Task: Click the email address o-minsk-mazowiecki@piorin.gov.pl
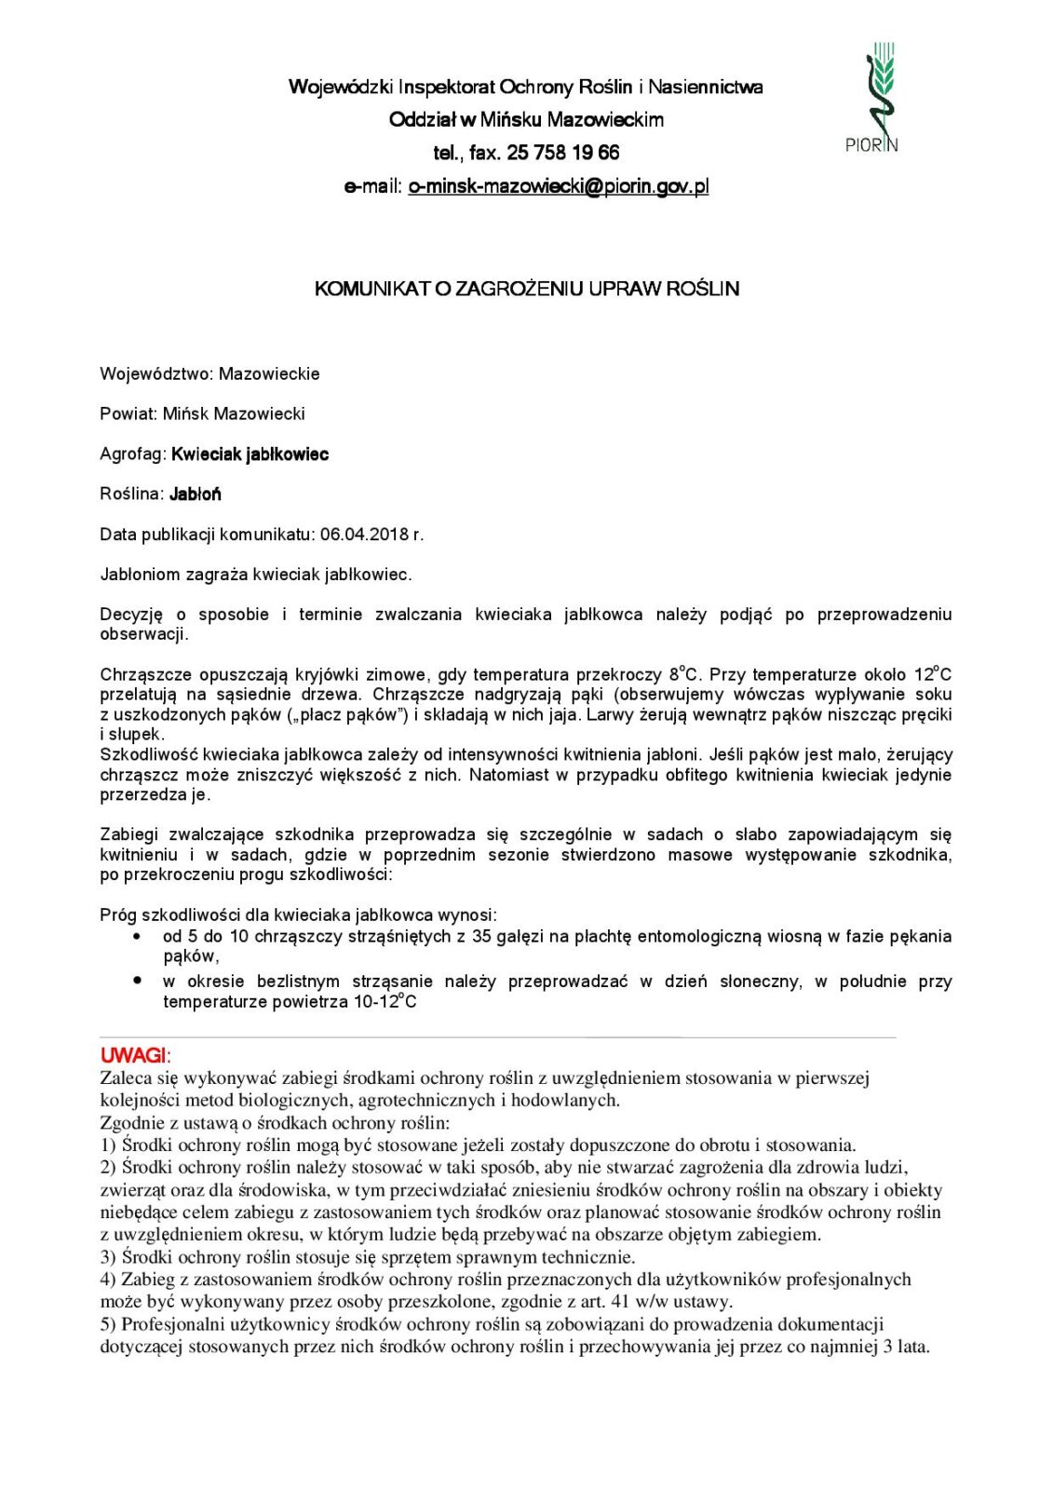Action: pos(558,186)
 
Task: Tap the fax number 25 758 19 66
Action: pos(562,153)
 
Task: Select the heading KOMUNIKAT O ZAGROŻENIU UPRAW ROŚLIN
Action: pos(527,289)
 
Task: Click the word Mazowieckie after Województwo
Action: pos(269,374)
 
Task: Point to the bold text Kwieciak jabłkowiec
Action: pos(250,454)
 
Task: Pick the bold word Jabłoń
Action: pos(195,494)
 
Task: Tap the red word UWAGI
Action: pos(133,1055)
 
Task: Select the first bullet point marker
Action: pos(138,936)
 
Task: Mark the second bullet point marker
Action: pos(138,981)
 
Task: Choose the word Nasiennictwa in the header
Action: pos(705,88)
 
